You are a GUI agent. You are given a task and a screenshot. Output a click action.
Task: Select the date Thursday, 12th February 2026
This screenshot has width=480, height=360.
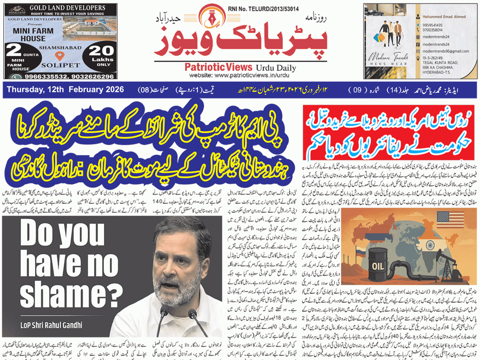pos(65,89)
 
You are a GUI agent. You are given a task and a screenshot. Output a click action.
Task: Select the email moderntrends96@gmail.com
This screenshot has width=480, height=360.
pos(445,51)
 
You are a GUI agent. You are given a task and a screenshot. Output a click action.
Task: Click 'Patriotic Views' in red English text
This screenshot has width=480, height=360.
pos(218,67)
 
